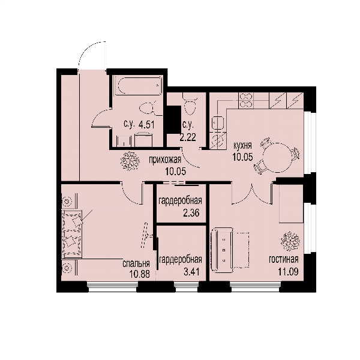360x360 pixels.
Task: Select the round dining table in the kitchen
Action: coord(277,157)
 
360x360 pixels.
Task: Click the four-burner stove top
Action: coord(246,100)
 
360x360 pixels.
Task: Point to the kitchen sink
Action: coord(218,123)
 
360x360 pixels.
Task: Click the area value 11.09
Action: coord(288,272)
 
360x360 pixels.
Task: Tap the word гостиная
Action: coord(284,259)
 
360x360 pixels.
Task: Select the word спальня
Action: coord(136,264)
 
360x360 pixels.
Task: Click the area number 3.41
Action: coord(191,272)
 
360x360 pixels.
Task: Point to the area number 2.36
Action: coord(191,213)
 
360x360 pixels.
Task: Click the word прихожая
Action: coord(165,160)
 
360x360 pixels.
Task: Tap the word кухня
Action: coord(242,146)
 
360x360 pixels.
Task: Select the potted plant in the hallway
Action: coord(130,161)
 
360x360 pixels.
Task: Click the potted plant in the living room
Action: coord(290,241)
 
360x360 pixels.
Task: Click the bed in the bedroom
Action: coord(71,232)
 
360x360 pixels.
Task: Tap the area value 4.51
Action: coord(146,125)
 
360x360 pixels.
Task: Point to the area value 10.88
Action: coord(140,274)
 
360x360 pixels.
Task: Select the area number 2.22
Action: coord(188,137)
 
